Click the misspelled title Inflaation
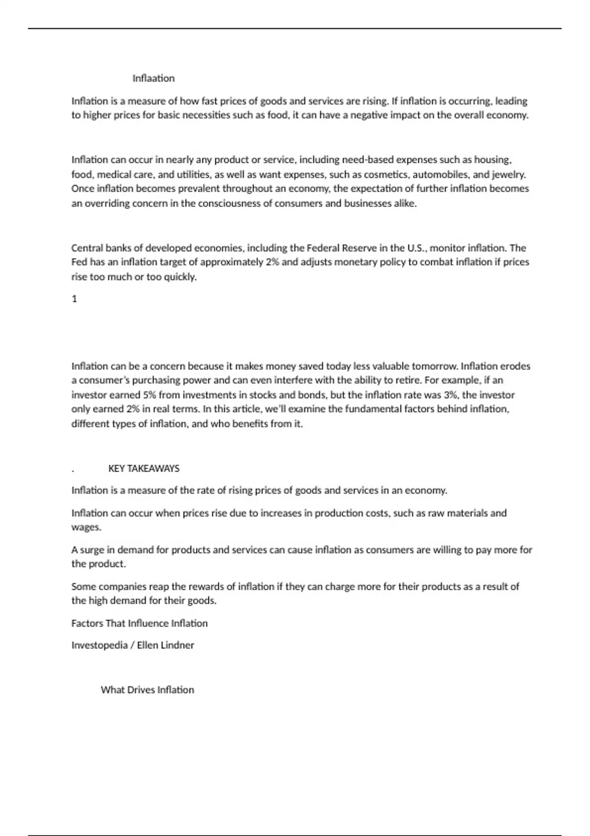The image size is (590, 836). click(x=153, y=78)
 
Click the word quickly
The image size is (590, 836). click(x=180, y=277)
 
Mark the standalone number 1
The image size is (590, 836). click(x=74, y=299)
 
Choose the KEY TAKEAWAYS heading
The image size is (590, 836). click(x=144, y=469)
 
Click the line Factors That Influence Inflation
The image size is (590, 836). click(x=139, y=624)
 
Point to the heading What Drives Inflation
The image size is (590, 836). click(x=147, y=690)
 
